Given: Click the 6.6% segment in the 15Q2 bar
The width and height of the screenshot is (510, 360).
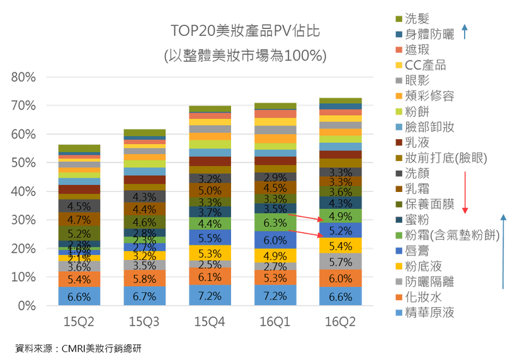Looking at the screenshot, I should [x=79, y=296].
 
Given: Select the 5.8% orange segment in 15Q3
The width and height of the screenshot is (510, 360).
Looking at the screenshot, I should [x=144, y=278].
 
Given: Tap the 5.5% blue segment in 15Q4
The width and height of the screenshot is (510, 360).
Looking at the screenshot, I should [x=210, y=239].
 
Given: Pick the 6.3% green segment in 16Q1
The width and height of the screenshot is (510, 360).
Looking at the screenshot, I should [x=275, y=223].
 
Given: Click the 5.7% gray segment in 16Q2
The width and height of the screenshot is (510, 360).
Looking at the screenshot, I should [x=341, y=262].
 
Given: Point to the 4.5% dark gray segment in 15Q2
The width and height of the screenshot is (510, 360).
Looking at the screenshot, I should [x=79, y=206].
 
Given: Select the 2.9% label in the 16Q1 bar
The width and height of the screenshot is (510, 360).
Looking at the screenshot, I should [x=275, y=178].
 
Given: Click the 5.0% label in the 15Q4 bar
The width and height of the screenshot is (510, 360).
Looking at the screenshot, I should [x=210, y=191].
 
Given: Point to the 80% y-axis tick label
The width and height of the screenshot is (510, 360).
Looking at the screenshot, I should [x=24, y=77].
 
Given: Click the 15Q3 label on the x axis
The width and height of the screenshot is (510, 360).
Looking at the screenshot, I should [x=144, y=322].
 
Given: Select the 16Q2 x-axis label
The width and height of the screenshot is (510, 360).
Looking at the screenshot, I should [x=341, y=322].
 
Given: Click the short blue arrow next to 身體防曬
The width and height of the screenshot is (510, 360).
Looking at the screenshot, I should [x=464, y=32].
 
